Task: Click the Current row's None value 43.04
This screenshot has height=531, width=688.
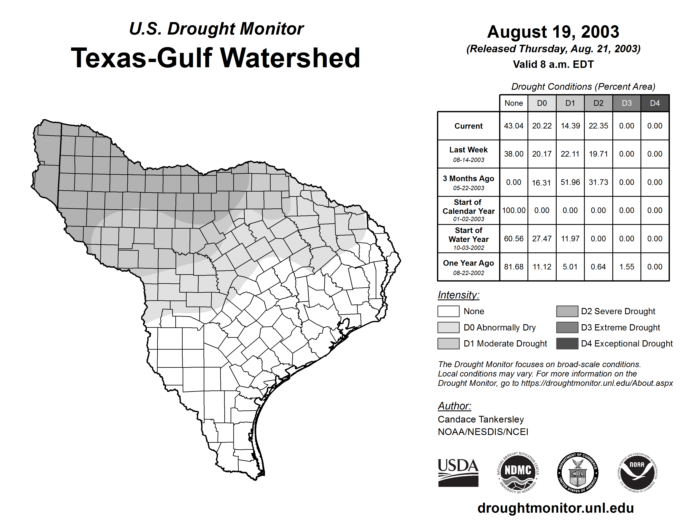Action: pyautogui.click(x=513, y=126)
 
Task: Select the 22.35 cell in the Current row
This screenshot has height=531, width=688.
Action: pyautogui.click(x=598, y=126)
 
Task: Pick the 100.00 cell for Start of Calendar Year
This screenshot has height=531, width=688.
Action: pyautogui.click(x=513, y=210)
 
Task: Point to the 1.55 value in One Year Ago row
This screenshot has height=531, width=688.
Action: pyautogui.click(x=626, y=267)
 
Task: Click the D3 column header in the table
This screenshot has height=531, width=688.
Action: pyautogui.click(x=626, y=103)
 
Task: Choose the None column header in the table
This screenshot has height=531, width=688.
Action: pyautogui.click(x=513, y=103)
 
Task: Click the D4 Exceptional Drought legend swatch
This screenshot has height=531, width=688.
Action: pyautogui.click(x=567, y=344)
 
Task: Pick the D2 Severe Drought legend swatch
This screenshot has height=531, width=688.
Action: pyautogui.click(x=567, y=311)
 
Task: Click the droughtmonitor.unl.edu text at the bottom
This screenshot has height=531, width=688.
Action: pyautogui.click(x=555, y=508)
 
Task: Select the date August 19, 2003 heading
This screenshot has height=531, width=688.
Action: pyautogui.click(x=553, y=32)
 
